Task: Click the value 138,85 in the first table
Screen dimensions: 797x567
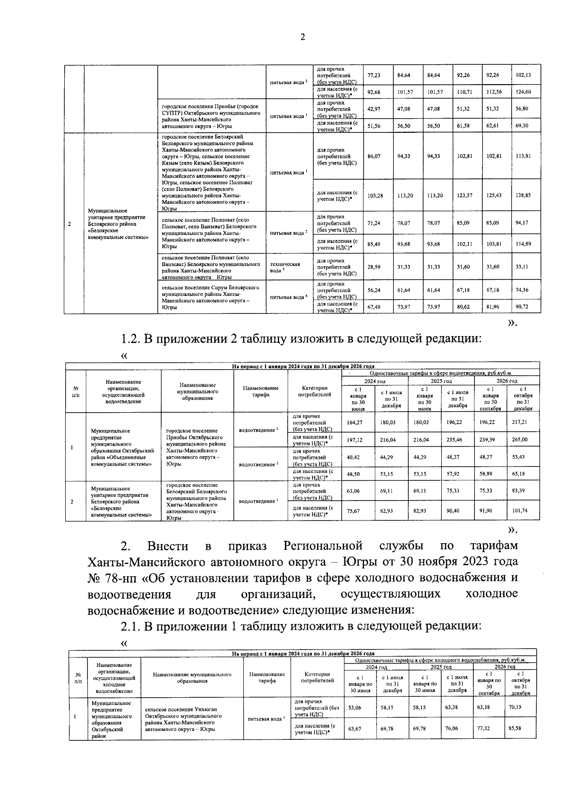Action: click(x=523, y=195)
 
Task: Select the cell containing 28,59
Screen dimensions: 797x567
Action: click(x=374, y=267)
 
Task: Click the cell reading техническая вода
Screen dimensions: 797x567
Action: click(x=284, y=267)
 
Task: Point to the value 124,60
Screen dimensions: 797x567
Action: click(x=523, y=92)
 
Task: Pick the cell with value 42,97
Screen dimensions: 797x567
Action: click(x=374, y=109)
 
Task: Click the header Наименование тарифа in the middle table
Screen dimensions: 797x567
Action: click(x=260, y=391)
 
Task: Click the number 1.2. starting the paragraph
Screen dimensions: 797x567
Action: click(x=131, y=339)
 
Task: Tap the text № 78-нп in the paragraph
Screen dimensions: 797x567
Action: click(x=111, y=578)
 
